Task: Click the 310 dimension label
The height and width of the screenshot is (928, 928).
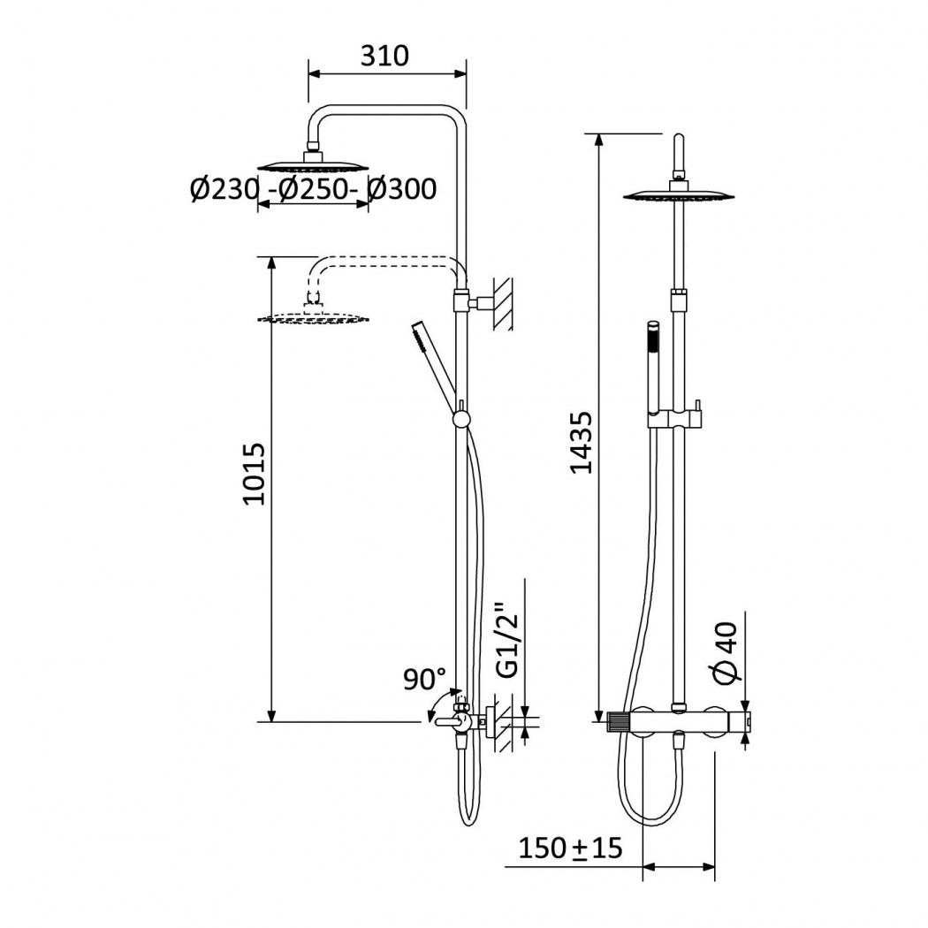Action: click(384, 57)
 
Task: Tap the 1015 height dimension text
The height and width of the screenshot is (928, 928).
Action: click(255, 474)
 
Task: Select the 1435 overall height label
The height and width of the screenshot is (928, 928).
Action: click(582, 442)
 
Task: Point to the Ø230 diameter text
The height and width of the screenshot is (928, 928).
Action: click(224, 189)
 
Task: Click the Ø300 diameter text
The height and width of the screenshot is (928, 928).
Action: click(402, 189)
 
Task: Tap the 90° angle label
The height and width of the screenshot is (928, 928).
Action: click(424, 679)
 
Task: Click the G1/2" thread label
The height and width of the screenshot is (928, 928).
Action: click(507, 640)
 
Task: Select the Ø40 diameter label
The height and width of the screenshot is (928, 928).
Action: click(726, 653)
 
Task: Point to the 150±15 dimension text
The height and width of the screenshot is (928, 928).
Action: click(571, 848)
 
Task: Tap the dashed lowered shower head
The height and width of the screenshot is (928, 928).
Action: click(313, 316)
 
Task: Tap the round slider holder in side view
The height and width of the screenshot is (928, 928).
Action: click(461, 420)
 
